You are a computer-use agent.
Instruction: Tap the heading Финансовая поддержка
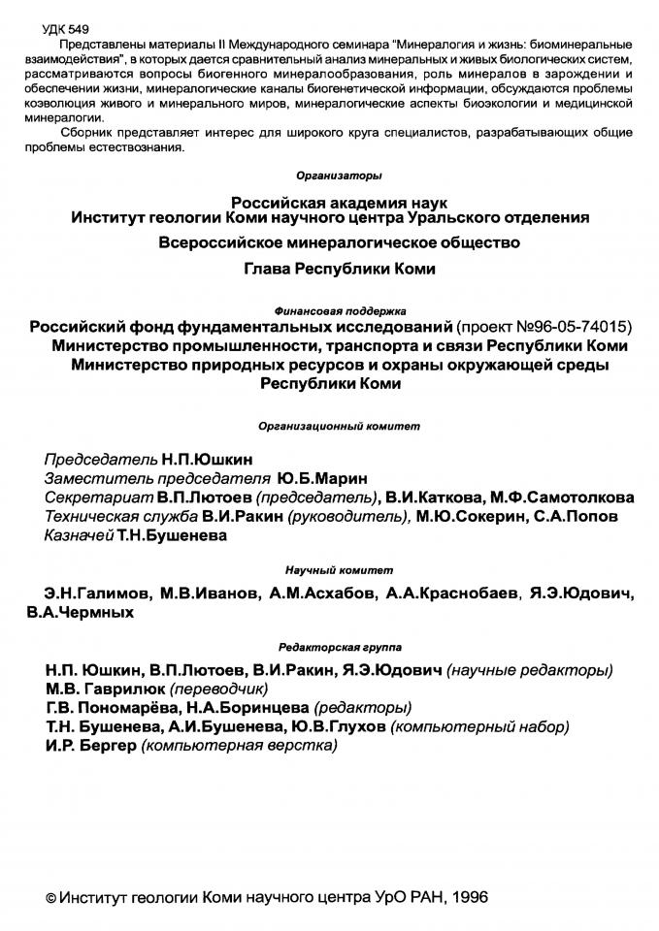[330, 311]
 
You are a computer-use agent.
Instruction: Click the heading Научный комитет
[330, 569]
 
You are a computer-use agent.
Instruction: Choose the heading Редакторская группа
[330, 645]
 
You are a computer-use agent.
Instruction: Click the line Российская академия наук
[330, 203]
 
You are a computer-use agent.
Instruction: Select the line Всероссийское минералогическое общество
[330, 241]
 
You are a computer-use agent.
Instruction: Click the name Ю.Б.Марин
[322, 477]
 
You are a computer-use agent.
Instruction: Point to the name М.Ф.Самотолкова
[562, 497]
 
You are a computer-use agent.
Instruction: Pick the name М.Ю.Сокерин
[472, 516]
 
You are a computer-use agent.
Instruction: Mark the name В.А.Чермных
[81, 613]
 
